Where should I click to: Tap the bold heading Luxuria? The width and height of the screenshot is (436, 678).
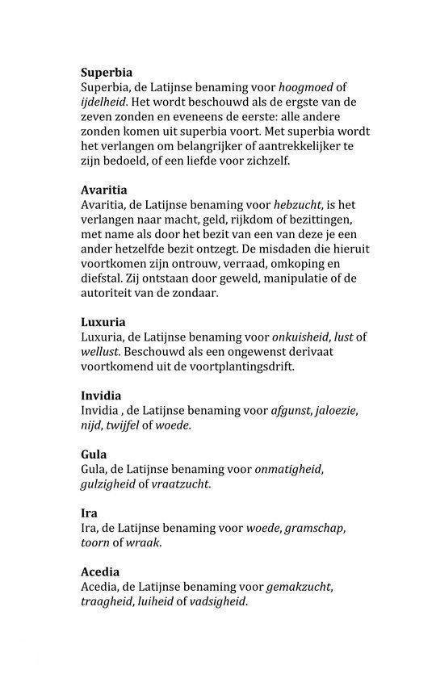[103, 322]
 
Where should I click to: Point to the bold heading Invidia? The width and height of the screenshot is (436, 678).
[102, 395]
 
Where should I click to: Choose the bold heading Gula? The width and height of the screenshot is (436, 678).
[94, 454]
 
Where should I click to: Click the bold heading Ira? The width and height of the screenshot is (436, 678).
[89, 513]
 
